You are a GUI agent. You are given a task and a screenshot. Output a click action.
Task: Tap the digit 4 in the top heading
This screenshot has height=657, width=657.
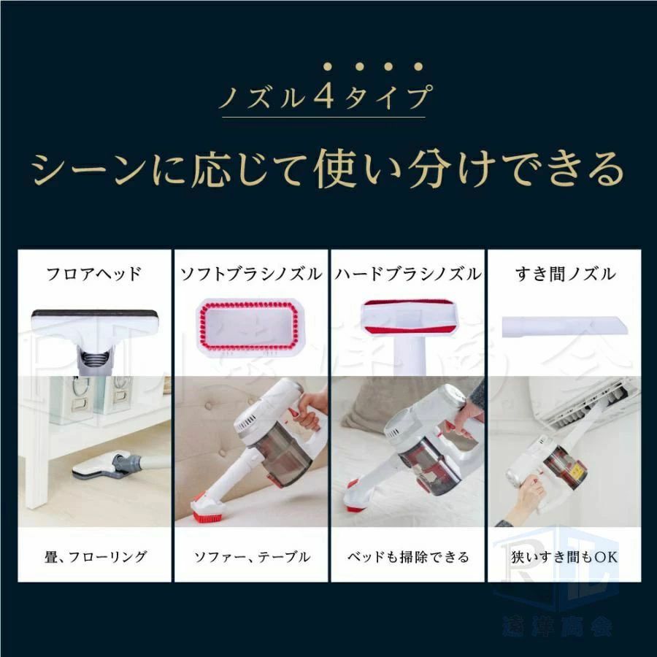click(325, 96)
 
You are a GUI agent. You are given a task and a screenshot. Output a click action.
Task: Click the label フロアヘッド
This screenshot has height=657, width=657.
click(93, 274)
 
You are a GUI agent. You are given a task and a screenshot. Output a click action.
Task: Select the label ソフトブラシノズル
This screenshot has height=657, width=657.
click(250, 274)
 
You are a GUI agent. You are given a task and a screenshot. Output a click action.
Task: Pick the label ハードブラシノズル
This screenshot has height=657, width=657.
click(407, 274)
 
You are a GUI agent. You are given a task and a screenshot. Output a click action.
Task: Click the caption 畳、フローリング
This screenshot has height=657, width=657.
click(93, 557)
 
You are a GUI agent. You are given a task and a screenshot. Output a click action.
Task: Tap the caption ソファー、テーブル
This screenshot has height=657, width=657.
click(250, 557)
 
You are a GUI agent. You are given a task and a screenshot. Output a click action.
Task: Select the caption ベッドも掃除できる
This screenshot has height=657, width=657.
click(407, 557)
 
